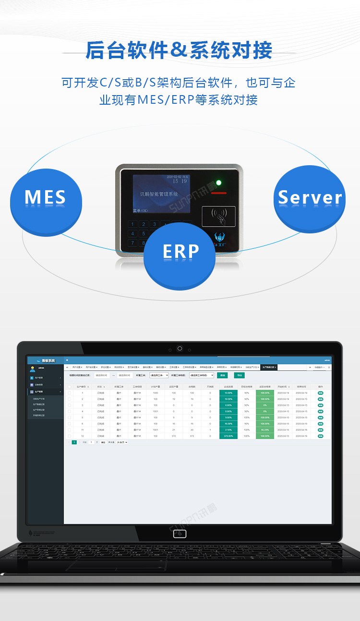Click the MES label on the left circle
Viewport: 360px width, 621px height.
(45, 197)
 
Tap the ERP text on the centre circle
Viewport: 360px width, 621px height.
(180, 252)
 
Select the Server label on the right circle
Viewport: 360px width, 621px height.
(310, 197)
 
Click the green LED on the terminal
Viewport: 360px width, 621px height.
(219, 183)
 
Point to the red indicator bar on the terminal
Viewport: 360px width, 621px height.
(218, 193)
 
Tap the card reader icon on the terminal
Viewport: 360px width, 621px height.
(219, 216)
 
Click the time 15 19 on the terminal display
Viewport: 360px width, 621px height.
(180, 181)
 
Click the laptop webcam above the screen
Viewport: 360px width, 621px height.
(180, 348)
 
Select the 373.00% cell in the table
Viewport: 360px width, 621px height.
(228, 436)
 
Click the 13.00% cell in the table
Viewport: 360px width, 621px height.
(228, 393)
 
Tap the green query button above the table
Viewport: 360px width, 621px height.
(222, 375)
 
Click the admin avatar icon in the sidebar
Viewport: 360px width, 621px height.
(33, 369)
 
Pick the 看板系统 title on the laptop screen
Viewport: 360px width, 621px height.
(48, 360)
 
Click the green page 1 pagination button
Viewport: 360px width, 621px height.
(74, 442)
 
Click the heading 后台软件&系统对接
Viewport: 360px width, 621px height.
(179, 50)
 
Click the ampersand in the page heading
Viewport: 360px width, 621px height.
(179, 50)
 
